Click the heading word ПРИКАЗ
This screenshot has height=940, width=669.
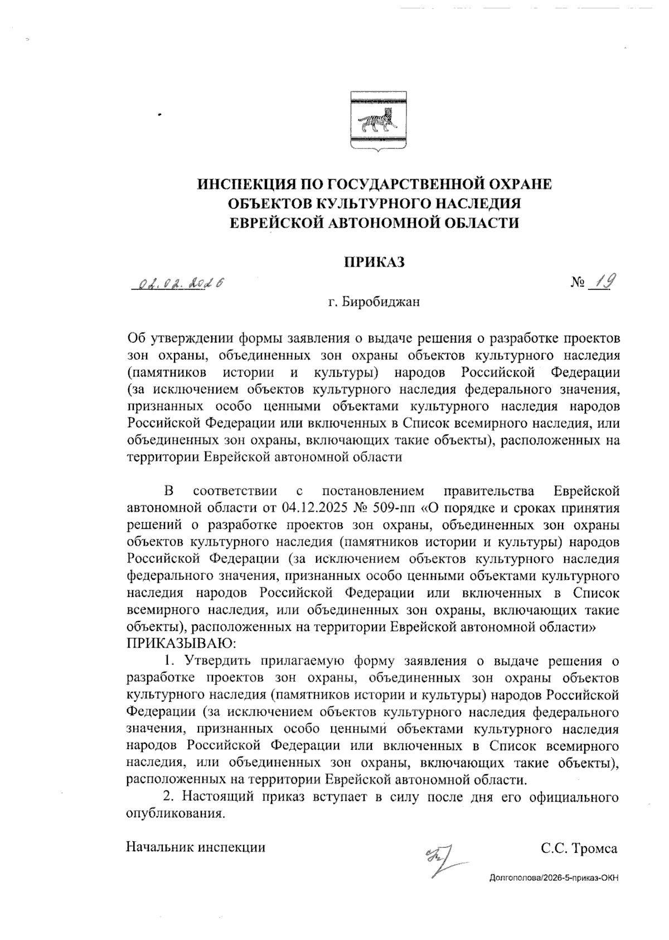(x=374, y=262)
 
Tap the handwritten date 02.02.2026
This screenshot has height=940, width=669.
(x=178, y=283)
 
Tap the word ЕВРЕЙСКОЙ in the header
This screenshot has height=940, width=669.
(x=276, y=223)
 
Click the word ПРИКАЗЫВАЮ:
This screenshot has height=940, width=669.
(x=182, y=643)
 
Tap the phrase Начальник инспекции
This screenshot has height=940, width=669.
(x=196, y=847)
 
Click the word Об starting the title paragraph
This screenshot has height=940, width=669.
(x=136, y=339)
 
